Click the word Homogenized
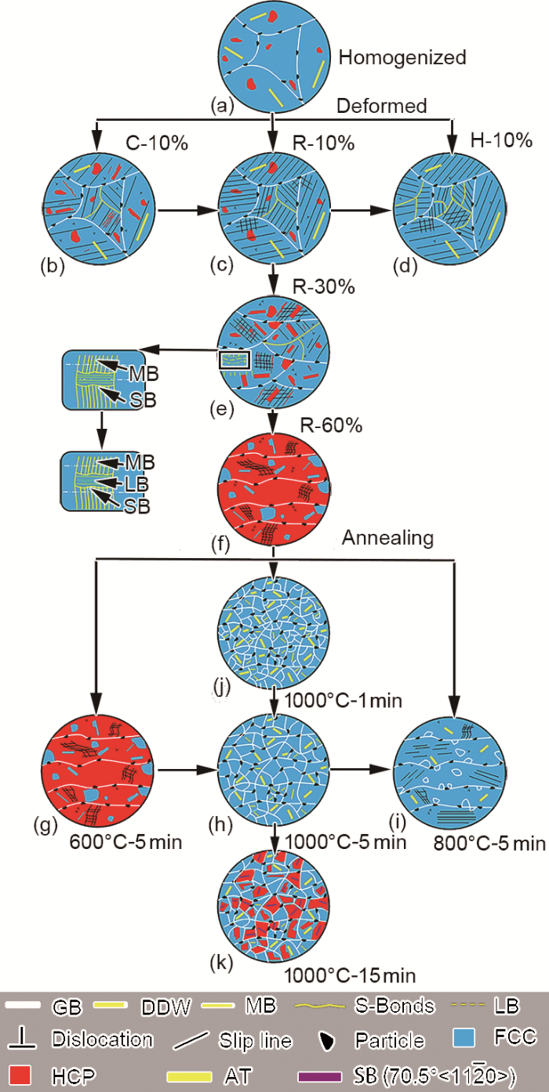(x=402, y=57)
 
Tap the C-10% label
(x=157, y=143)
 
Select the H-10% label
(x=501, y=140)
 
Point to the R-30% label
(x=323, y=287)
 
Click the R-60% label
(x=331, y=426)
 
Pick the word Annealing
(x=387, y=539)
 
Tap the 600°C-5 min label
(x=125, y=842)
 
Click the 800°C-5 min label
(x=489, y=843)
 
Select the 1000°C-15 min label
(x=350, y=975)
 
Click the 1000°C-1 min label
(x=344, y=701)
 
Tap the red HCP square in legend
(x=20, y=1075)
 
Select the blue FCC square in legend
(x=464, y=1037)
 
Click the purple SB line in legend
(x=319, y=1076)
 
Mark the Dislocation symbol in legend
(x=22, y=1039)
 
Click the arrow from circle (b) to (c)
(x=187, y=211)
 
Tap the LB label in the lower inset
(x=136, y=484)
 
